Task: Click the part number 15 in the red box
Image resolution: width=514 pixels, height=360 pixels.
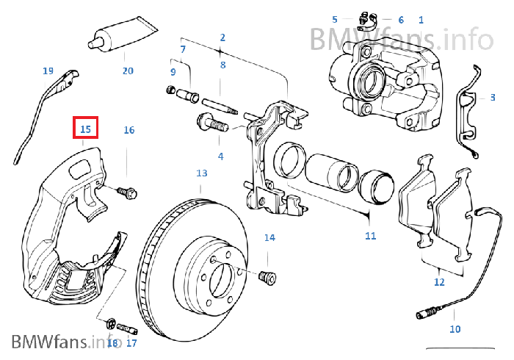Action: [x=85, y=129]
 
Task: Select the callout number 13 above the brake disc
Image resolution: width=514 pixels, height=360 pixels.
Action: [x=202, y=173]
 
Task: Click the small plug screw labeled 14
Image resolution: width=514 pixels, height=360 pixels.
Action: [x=268, y=278]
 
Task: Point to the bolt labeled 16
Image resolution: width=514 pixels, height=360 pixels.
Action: [x=128, y=194]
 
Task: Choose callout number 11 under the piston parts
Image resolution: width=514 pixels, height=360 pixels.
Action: [x=370, y=235]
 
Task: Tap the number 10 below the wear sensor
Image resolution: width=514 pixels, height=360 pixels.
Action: [x=455, y=328]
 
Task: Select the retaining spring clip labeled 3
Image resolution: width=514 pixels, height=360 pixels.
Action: [x=466, y=114]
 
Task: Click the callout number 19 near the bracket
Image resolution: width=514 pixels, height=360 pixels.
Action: [x=48, y=71]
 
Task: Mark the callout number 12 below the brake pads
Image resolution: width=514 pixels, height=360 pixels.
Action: [x=438, y=281]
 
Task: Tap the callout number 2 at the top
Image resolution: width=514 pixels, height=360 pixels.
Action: [x=222, y=37]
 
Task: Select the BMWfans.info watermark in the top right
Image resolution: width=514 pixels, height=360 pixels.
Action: [x=400, y=37]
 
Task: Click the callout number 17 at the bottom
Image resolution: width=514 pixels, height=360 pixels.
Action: [x=131, y=342]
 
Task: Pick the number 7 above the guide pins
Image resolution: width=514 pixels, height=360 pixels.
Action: [x=183, y=49]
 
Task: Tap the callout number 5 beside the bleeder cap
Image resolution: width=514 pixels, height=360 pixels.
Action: [x=335, y=19]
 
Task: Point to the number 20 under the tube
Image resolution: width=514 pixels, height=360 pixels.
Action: [x=128, y=71]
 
